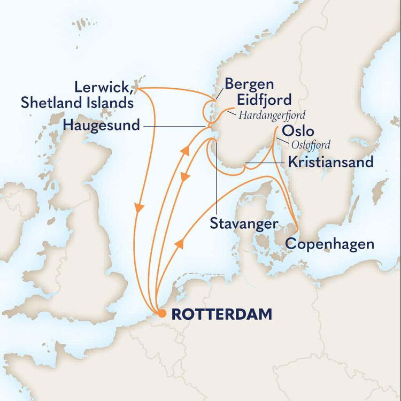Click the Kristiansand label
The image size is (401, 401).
click(330, 162)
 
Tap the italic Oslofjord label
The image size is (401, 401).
click(311, 144)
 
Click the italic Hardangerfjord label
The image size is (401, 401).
click(272, 114)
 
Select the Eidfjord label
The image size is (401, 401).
click(265, 100)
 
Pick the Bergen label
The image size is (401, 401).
click(249, 84)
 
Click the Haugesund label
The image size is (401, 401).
click(101, 126)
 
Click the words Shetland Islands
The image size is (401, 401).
click(77, 102)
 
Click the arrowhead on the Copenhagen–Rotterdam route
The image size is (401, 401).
click(180, 244)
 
